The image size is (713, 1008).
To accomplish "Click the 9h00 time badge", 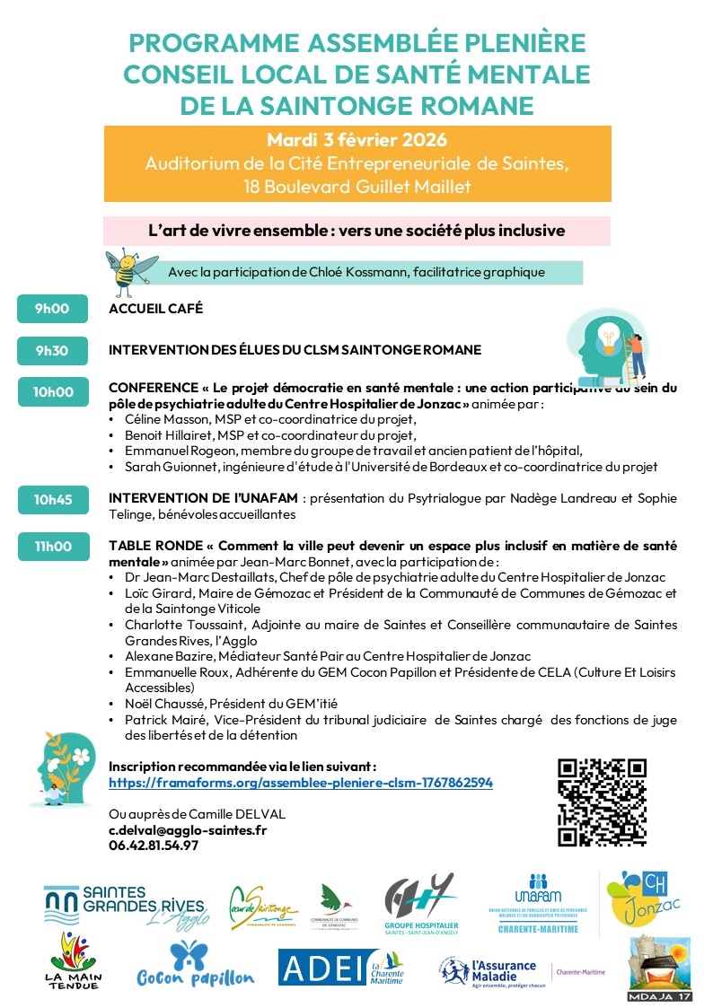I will click(x=53, y=310).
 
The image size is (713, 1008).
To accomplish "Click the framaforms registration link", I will click(x=300, y=783).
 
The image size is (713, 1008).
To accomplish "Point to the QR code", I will click(x=602, y=802).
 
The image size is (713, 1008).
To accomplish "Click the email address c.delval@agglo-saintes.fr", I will click(x=188, y=830).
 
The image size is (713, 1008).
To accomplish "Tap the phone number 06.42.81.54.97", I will click(x=154, y=845).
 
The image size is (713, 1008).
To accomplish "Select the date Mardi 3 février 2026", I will click(x=356, y=140).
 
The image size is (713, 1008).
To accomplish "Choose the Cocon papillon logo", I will click(x=195, y=965).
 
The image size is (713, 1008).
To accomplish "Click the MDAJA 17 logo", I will click(x=659, y=968).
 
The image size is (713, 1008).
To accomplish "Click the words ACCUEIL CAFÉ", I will click(x=155, y=310).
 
